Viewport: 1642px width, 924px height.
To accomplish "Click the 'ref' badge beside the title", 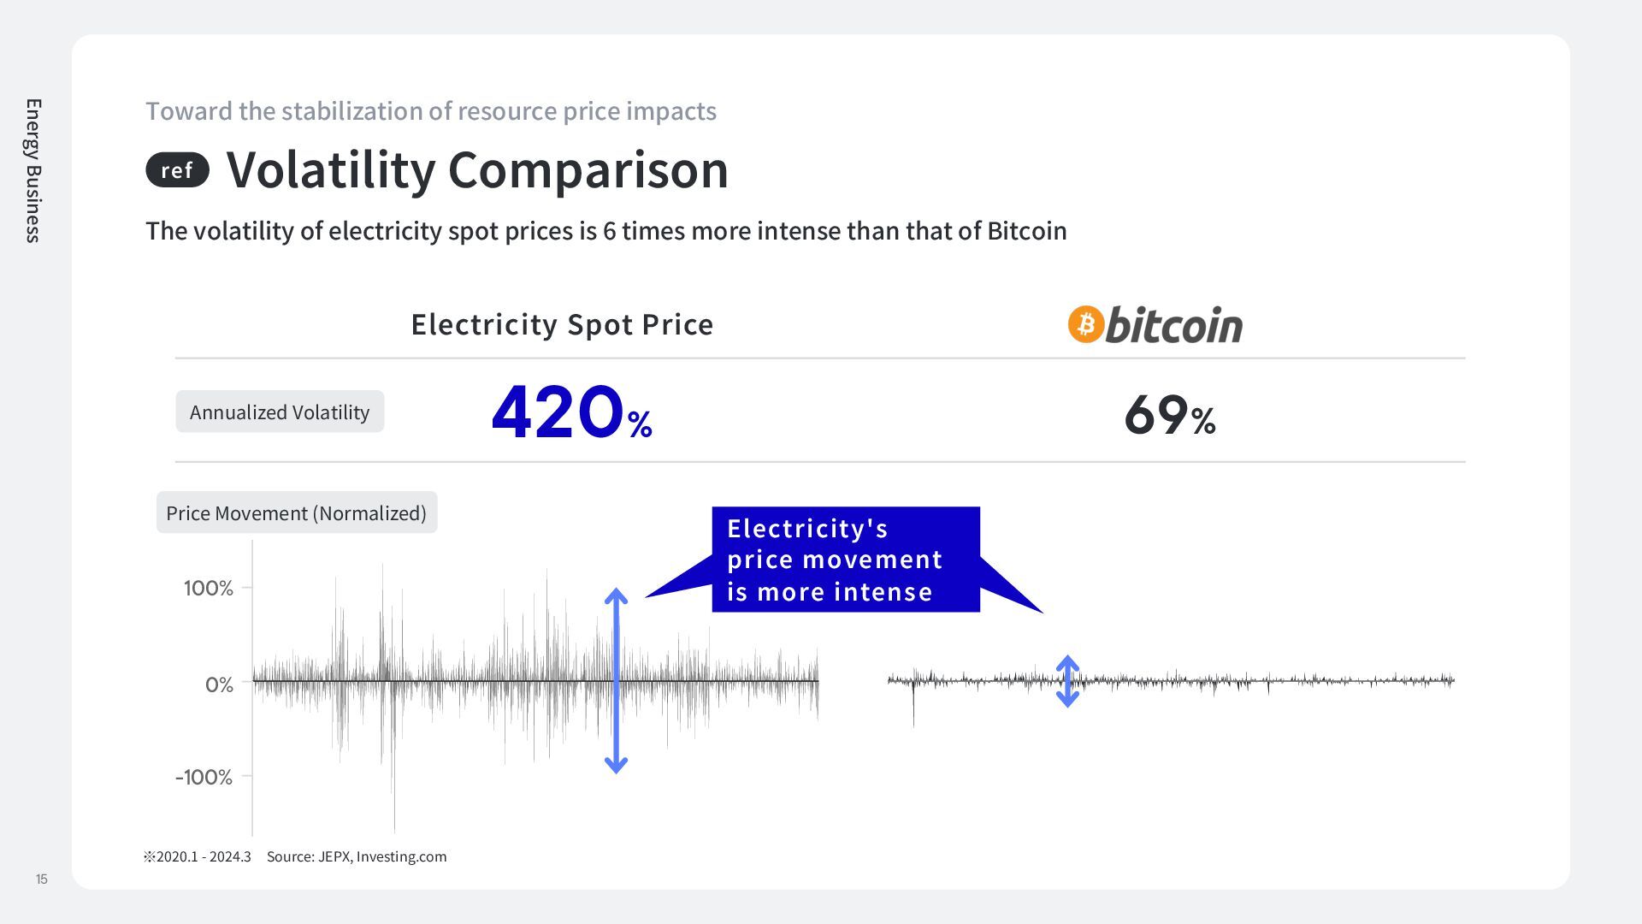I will pos(177,170).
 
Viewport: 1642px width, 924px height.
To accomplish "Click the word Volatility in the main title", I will pos(331,169).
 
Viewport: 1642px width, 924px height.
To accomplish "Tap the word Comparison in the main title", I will pos(588,169).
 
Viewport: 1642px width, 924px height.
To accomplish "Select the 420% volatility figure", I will pos(571,413).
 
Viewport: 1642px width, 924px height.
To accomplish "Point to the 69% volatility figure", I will pos(1169,416).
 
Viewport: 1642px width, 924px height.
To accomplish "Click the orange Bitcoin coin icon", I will pos(1086,324).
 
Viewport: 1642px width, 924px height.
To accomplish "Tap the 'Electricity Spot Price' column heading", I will pos(562,324).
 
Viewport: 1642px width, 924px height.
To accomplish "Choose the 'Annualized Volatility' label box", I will pos(280,412).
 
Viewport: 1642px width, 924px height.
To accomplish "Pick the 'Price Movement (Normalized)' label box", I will pos(296,512).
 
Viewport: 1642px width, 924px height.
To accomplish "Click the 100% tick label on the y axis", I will pos(208,588).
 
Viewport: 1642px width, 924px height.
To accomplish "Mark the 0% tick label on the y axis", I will pos(219,684).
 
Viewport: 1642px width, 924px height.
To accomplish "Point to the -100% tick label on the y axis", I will pos(204,777).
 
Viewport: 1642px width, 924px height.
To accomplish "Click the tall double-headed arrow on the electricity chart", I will pos(616,681).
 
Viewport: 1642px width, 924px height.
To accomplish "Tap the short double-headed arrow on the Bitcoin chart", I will pos(1067,681).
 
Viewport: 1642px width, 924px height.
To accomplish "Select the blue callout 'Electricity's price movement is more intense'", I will pos(845,560).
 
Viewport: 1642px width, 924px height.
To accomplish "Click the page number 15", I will pos(41,880).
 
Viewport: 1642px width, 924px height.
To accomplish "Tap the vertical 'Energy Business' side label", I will pos(33,170).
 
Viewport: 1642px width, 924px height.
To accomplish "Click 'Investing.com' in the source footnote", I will pos(401,856).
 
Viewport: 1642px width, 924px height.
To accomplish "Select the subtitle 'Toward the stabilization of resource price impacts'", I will pos(431,111).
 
